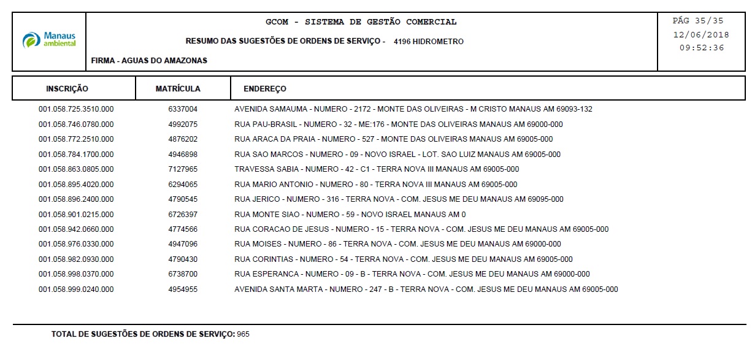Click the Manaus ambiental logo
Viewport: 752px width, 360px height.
click(x=50, y=40)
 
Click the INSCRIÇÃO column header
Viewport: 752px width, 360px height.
click(x=67, y=89)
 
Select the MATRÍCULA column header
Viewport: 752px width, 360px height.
click(x=178, y=89)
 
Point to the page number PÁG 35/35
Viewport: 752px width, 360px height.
click(x=698, y=21)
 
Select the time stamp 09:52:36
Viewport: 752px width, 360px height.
click(x=702, y=48)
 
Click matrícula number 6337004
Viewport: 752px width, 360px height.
click(x=183, y=109)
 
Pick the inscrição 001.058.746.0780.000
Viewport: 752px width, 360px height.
click(x=76, y=124)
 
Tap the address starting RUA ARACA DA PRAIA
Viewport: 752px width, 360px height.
click(x=393, y=139)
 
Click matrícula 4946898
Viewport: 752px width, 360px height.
click(x=183, y=155)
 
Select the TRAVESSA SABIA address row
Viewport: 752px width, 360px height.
click(x=377, y=169)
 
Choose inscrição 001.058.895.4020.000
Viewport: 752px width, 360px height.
click(x=76, y=185)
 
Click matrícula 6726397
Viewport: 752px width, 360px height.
click(x=183, y=215)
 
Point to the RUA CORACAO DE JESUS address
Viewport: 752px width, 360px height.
click(x=421, y=229)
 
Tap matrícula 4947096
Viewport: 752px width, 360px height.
click(x=183, y=244)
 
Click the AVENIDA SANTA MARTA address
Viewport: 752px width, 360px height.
click(x=426, y=289)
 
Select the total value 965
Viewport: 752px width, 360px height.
click(x=244, y=335)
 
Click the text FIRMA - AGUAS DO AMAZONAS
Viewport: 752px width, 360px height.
click(x=149, y=61)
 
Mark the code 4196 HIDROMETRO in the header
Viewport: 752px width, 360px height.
click(x=429, y=42)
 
